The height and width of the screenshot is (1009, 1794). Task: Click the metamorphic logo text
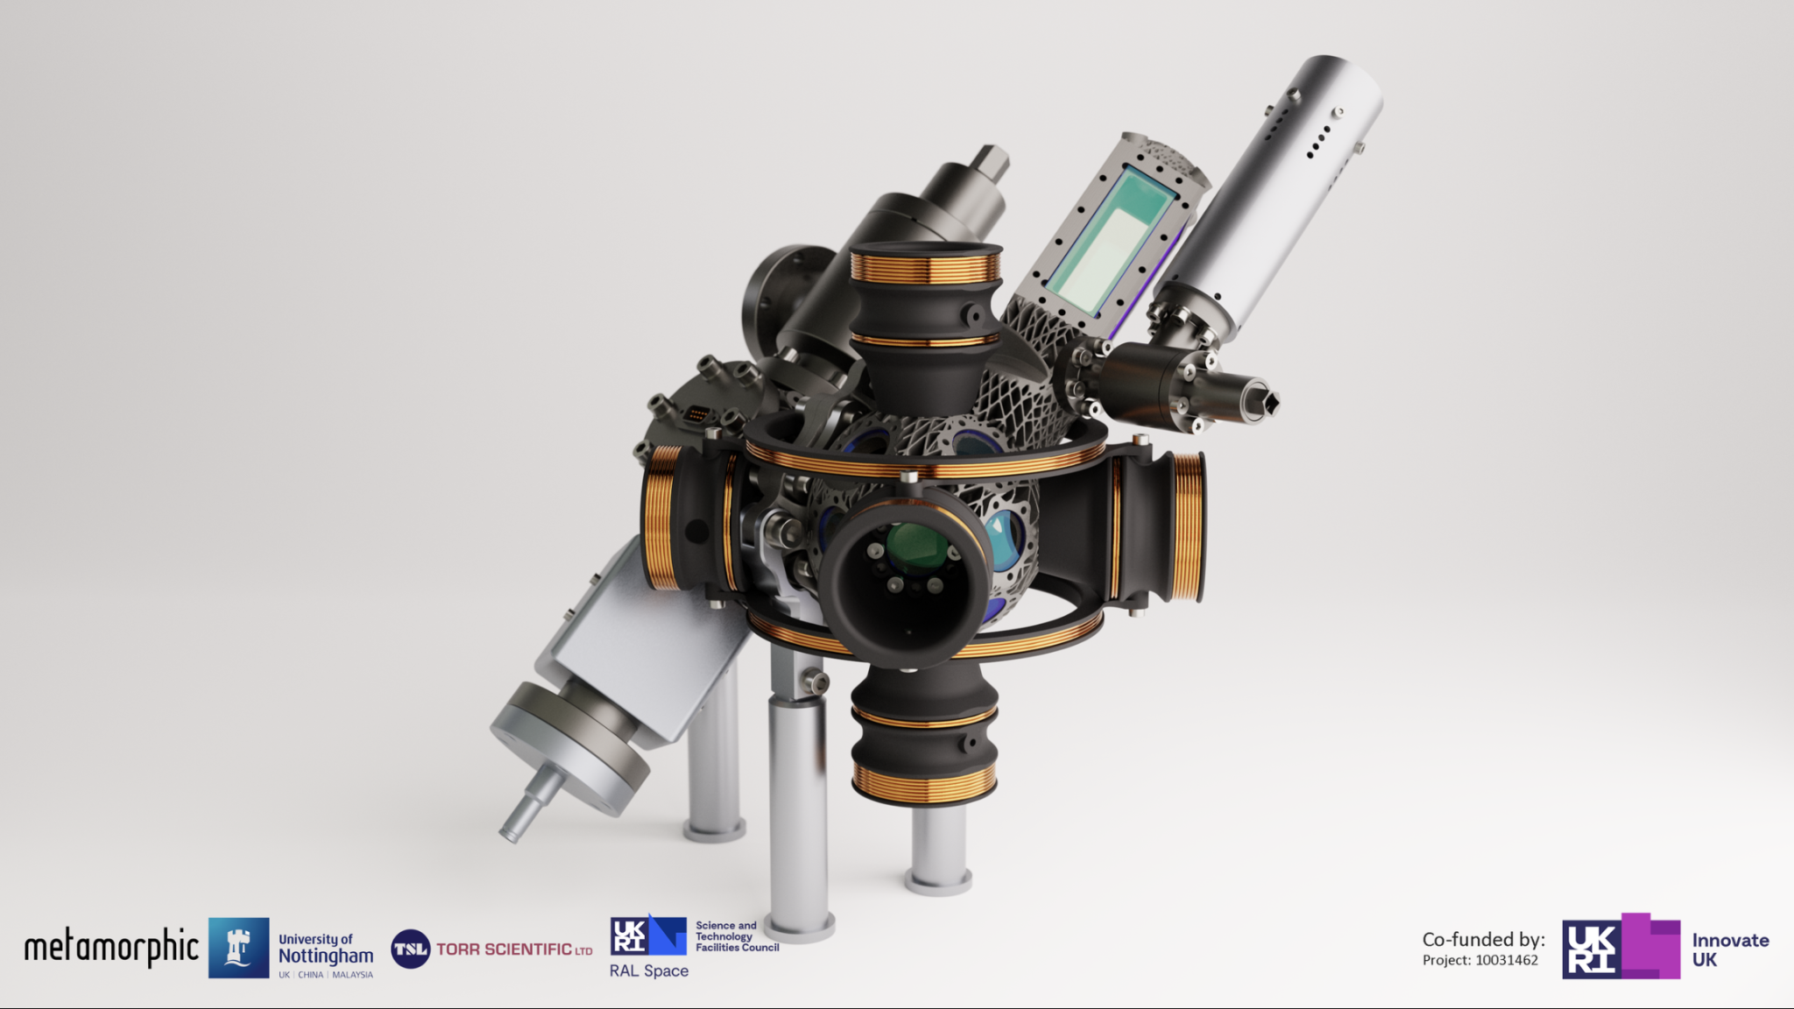(x=111, y=948)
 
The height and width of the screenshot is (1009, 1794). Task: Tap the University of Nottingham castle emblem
(x=238, y=948)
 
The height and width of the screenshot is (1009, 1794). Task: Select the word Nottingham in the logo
(x=326, y=956)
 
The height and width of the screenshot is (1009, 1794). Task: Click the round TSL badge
(x=410, y=949)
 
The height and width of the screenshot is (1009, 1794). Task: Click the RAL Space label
(x=649, y=970)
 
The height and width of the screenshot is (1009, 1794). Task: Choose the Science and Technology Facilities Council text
(x=738, y=936)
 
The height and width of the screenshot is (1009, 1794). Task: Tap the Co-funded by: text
(x=1484, y=940)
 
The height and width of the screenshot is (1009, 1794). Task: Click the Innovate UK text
(x=1730, y=949)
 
